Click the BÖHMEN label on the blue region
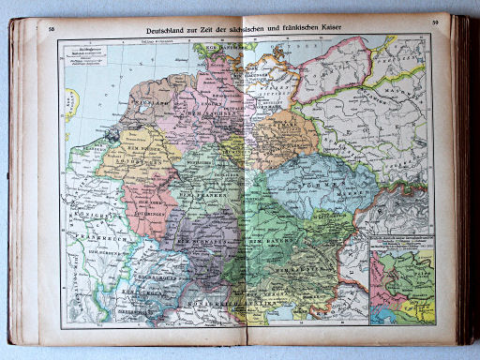point(319,184)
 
